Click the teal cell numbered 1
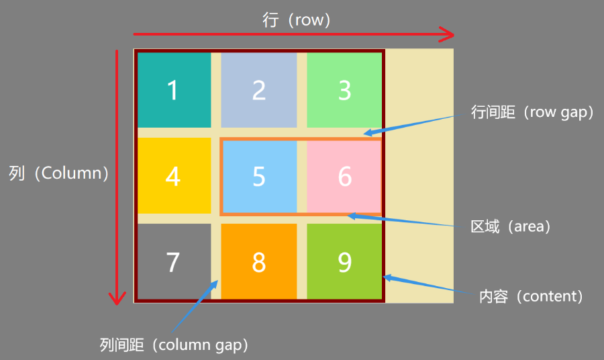point(173,90)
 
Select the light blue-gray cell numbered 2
point(259,90)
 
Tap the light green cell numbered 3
point(344,90)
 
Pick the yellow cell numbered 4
point(173,176)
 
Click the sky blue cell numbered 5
point(259,176)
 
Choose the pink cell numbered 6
point(344,176)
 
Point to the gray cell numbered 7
point(173,262)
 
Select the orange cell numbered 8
point(259,262)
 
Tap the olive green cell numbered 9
point(344,262)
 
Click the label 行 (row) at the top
point(297,20)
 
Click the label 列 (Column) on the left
point(59,173)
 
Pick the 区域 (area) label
point(511,226)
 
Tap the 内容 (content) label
point(530,296)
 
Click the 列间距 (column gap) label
point(174,345)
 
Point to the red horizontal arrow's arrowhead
point(447,33)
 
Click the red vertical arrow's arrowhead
point(118,296)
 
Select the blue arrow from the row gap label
point(416,124)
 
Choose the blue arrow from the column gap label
point(195,308)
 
